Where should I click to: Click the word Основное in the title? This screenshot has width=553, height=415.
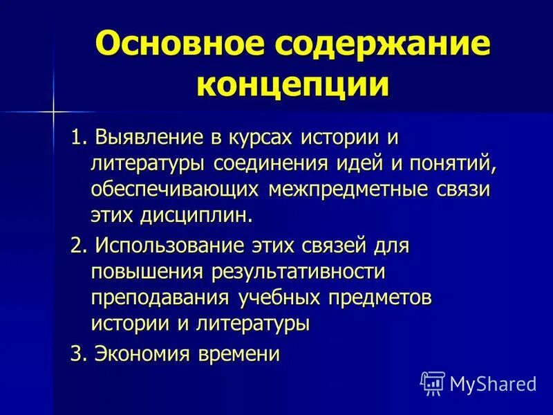click(x=176, y=46)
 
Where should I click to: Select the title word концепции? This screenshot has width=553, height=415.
click(x=292, y=85)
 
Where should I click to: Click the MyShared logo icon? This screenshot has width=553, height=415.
click(x=433, y=382)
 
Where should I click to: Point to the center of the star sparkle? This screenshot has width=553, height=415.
click(x=53, y=110)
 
